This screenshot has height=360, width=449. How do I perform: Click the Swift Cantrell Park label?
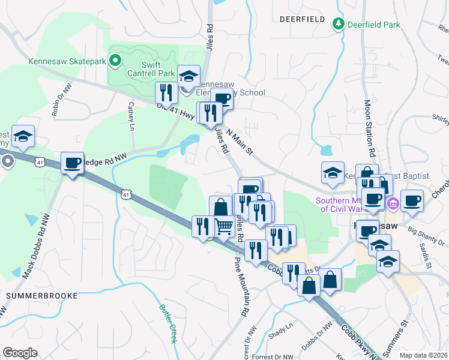pyautogui.click(x=150, y=69)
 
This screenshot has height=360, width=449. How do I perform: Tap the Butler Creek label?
pyautogui.click(x=167, y=324)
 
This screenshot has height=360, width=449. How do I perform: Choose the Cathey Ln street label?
pyautogui.click(x=131, y=116)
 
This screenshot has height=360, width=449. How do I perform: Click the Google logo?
pyautogui.click(x=20, y=353)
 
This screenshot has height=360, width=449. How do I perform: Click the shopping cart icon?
pyautogui.click(x=224, y=226)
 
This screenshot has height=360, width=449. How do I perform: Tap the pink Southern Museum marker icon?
pyautogui.click(x=393, y=204)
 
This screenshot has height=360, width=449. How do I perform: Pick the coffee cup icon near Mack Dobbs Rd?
pyautogui.click(x=72, y=163)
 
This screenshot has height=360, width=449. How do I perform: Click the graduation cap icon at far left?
pyautogui.click(x=23, y=137)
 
